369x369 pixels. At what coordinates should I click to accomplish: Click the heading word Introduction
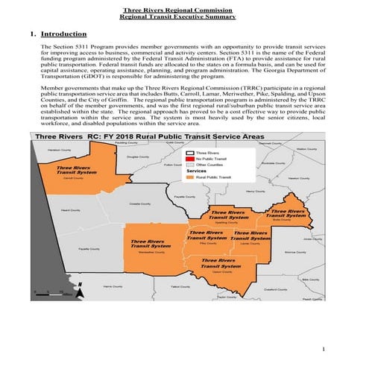click(x=63, y=34)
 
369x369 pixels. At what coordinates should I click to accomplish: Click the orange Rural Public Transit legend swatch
click(x=191, y=177)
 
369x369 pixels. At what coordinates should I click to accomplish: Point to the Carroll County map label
click(x=72, y=180)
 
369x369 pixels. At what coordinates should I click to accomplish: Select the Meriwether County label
click(x=152, y=252)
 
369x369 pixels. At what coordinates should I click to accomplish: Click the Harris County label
click(x=113, y=286)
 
